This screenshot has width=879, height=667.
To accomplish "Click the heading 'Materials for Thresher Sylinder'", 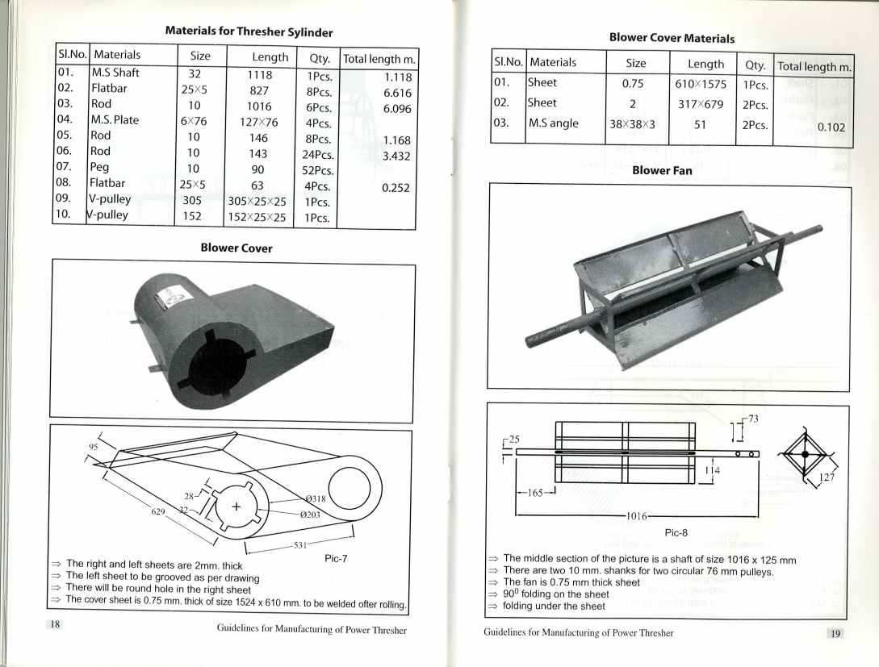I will tap(249, 31).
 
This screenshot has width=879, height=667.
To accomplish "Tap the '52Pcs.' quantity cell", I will tap(316, 170).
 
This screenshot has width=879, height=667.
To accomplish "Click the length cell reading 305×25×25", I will tap(257, 201).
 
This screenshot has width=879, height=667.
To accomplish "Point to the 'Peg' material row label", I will tap(102, 170).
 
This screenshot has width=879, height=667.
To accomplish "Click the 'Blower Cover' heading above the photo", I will tap(236, 248).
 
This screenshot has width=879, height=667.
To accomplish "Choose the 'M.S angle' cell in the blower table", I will tap(554, 124).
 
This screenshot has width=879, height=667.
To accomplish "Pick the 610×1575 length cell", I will tap(700, 84).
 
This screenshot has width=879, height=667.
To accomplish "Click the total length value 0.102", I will tap(831, 127).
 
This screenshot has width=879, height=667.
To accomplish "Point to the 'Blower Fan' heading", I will tap(662, 171).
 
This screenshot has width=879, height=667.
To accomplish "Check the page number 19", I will tap(836, 633).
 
